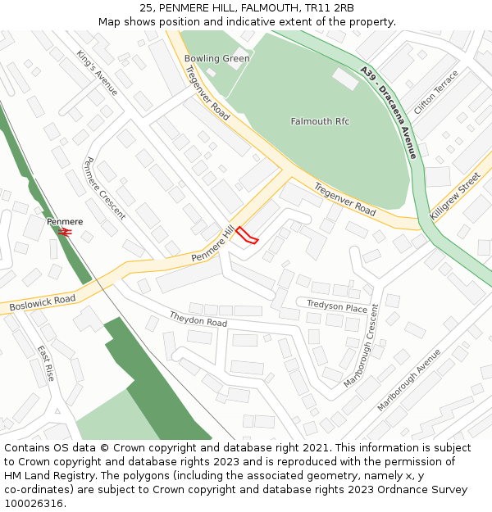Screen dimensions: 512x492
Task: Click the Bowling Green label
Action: [x=216, y=59]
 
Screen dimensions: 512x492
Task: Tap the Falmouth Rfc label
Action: [x=320, y=121]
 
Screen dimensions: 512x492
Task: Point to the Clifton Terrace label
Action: [x=436, y=93]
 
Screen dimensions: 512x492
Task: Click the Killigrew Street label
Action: [x=454, y=196]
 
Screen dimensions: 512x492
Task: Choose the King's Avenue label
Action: [x=98, y=72]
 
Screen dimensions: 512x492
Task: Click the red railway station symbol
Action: [x=66, y=232]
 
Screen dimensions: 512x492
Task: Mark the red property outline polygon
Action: [x=247, y=236]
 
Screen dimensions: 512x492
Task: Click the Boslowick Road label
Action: [x=43, y=302]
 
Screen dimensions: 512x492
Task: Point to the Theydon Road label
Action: [x=198, y=319]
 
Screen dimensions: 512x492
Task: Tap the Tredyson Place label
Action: [x=336, y=306]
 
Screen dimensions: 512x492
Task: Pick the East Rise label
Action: [x=45, y=362]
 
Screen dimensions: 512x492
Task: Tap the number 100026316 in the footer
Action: [x=34, y=503]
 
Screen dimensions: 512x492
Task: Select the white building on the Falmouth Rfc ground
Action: [x=345, y=79]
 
